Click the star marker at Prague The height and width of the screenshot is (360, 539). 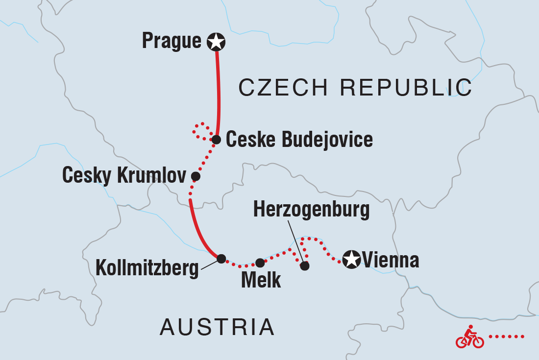click(216, 42)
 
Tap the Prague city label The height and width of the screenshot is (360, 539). click(171, 41)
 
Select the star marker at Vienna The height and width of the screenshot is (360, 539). click(351, 259)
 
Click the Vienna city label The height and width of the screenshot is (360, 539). click(391, 260)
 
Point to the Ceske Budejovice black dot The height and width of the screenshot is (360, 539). click(216, 140)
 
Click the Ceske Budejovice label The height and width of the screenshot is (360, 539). click(299, 140)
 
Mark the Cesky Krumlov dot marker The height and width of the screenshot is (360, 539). click(196, 176)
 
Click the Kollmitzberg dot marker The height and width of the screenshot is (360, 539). click(221, 258)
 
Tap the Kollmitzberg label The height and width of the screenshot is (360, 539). click(147, 268)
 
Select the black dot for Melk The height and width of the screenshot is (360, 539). click(260, 263)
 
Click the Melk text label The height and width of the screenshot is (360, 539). click(261, 281)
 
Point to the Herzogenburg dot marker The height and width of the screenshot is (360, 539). click(305, 266)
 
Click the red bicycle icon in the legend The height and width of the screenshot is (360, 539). click(469, 337)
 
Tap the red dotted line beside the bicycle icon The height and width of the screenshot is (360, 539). click(507, 336)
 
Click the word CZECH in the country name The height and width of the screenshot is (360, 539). click(283, 88)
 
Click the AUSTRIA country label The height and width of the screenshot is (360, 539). click(217, 327)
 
